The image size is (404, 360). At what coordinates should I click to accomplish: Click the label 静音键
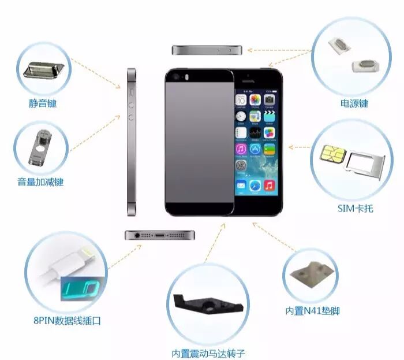(43, 103)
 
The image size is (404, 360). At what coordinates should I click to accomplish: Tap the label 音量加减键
(40, 182)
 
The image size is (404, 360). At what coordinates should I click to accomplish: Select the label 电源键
(354, 103)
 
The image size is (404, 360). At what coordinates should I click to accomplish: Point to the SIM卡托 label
(356, 209)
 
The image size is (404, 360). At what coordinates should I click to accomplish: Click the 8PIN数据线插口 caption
(67, 321)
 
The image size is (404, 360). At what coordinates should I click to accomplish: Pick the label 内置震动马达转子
(208, 353)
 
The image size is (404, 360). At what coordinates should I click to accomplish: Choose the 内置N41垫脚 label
(312, 311)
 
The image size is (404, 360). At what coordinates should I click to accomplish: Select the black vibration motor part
(208, 305)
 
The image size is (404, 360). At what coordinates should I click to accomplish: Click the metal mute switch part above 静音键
(43, 70)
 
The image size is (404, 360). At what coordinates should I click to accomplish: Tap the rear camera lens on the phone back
(176, 77)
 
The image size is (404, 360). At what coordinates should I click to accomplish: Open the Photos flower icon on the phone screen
(255, 100)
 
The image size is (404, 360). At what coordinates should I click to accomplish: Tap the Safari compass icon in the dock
(255, 185)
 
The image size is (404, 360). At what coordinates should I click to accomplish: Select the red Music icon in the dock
(269, 185)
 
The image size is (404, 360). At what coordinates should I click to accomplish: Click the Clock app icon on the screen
(241, 117)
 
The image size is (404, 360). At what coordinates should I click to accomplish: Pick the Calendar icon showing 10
(241, 100)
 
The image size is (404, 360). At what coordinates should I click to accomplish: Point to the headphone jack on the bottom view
(137, 235)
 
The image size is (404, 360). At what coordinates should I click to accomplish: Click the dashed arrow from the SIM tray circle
(300, 147)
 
